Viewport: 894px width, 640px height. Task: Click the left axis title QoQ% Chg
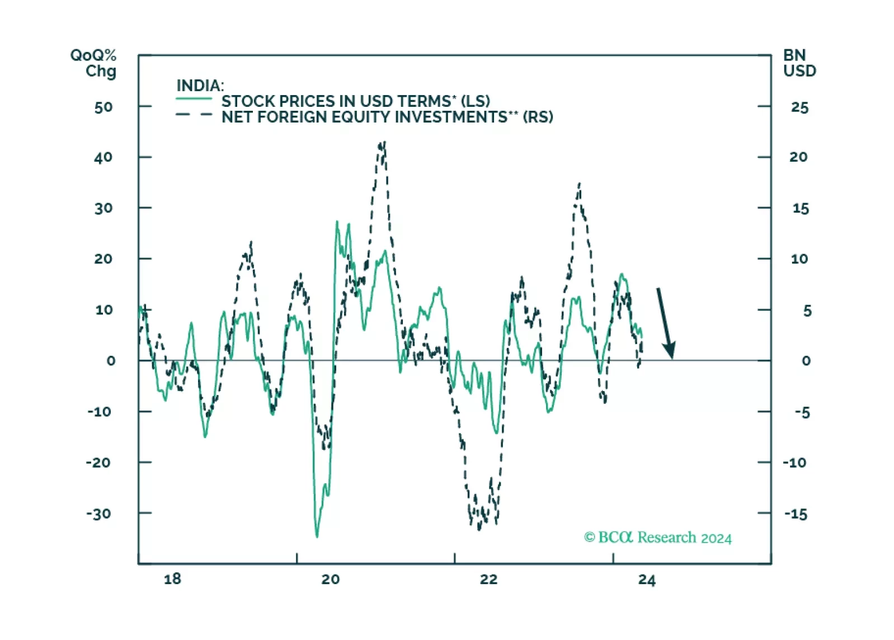[x=93, y=63]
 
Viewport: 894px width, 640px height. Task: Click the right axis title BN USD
[x=799, y=63]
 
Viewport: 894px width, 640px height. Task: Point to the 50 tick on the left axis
[x=103, y=107]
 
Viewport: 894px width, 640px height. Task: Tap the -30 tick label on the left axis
[x=98, y=514]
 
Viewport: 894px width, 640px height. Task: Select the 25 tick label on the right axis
[x=799, y=107]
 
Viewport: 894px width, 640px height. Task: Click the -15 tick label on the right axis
[x=796, y=514]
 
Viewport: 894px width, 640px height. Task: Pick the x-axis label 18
[x=172, y=579]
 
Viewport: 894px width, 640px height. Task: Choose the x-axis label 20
[x=330, y=579]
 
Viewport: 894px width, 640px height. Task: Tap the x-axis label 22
[x=488, y=579]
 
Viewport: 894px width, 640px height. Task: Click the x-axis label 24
[x=647, y=580]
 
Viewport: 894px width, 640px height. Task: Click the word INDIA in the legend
[x=200, y=86]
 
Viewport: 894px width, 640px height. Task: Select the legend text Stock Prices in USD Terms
[x=355, y=101]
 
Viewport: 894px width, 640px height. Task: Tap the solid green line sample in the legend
[x=194, y=99]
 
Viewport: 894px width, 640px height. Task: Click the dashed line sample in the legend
[x=194, y=115]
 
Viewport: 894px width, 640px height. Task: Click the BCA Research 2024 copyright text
[x=657, y=538]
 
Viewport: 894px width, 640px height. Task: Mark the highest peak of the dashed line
[x=383, y=143]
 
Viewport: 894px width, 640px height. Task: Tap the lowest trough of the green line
[x=317, y=536]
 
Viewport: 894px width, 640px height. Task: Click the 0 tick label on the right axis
[x=806, y=361]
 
